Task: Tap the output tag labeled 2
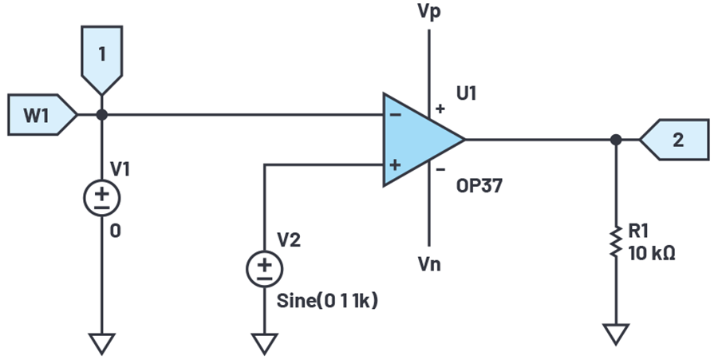tap(676, 140)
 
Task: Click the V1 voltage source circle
tap(102, 196)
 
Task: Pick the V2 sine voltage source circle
tap(263, 269)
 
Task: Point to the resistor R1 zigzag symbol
tap(615, 240)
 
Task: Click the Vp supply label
tap(429, 13)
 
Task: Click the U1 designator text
tap(467, 94)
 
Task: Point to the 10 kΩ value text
tap(653, 256)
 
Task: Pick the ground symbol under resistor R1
tap(615, 333)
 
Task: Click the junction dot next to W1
tap(102, 115)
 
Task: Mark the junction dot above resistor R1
tap(615, 140)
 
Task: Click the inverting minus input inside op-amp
tap(396, 114)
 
